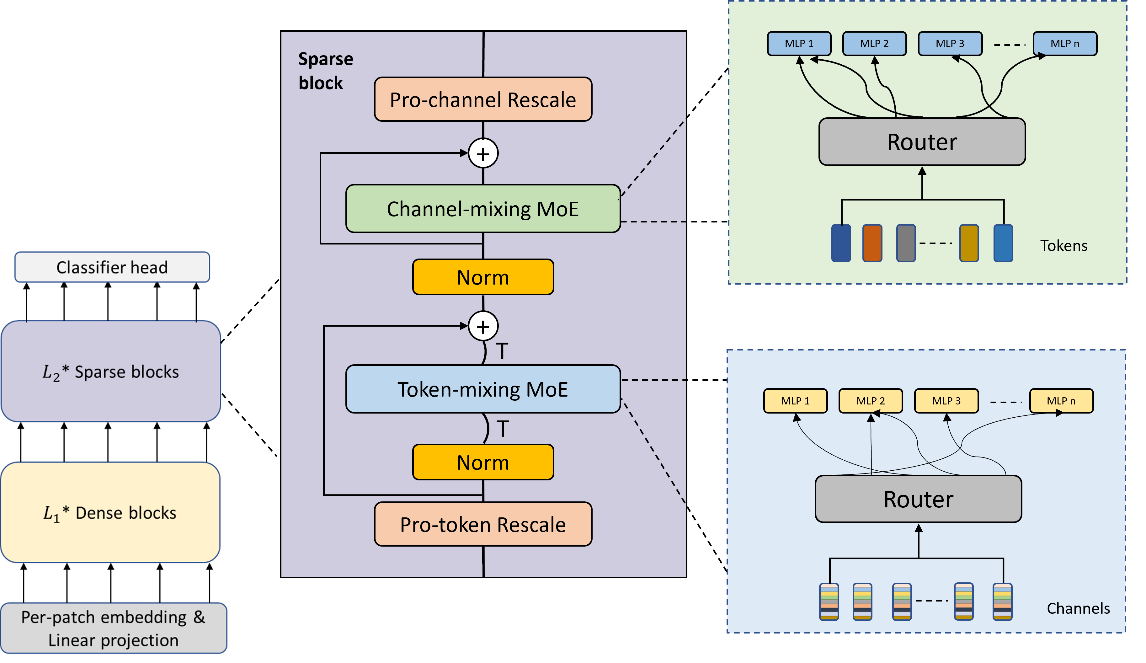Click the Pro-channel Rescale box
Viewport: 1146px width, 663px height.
point(483,99)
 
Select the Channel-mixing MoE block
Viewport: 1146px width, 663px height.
point(483,209)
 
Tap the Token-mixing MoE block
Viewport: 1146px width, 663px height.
point(483,389)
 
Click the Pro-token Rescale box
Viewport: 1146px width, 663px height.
point(483,524)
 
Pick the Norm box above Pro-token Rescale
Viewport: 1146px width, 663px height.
point(483,462)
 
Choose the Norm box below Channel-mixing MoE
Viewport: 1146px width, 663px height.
point(483,277)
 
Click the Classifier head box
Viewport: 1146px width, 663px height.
point(112,267)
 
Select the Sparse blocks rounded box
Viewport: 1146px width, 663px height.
point(111,372)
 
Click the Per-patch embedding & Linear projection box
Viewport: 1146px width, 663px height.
point(113,628)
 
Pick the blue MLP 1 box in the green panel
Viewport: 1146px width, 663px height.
point(799,44)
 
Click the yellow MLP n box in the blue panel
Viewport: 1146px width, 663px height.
point(1061,401)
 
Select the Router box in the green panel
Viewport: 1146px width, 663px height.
point(922,142)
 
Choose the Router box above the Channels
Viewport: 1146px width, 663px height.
point(918,499)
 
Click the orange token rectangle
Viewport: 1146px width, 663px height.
point(872,243)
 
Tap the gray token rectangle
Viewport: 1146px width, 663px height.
point(906,243)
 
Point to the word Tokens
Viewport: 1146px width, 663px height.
point(1064,246)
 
